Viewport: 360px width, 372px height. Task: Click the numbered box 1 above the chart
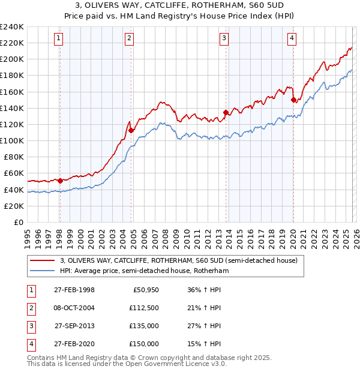(59, 39)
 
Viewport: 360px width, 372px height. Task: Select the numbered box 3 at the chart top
(224, 39)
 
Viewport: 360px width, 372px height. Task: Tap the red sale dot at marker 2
(130, 130)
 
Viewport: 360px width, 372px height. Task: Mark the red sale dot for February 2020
(293, 100)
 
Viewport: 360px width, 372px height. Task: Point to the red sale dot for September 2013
(226, 112)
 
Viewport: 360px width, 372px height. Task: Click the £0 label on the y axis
(18, 222)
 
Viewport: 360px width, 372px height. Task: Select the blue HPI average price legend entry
(145, 271)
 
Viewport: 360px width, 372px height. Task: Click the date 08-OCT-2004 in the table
(74, 308)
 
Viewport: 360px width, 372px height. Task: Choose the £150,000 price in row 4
(144, 344)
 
